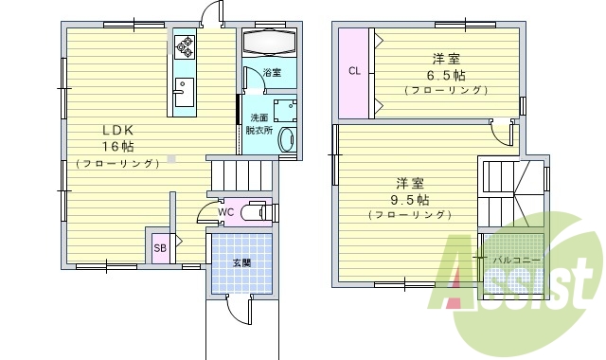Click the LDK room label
(118, 130)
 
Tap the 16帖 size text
(118, 146)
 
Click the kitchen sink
(183, 94)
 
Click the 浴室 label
(272, 72)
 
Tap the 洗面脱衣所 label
(258, 123)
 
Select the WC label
(225, 212)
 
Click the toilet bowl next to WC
(253, 212)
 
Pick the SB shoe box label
(160, 248)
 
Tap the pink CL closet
(354, 72)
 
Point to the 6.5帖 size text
(444, 75)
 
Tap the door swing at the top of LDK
(211, 15)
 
